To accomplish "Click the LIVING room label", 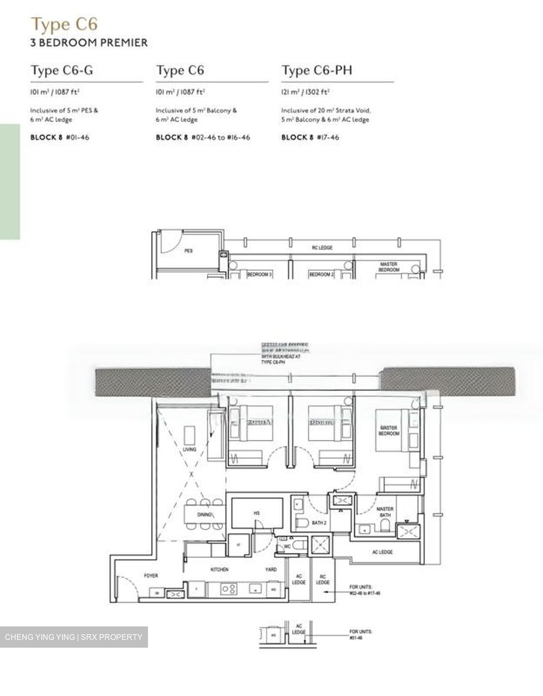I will [190, 449].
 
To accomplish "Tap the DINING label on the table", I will [205, 515].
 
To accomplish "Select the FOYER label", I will [151, 575].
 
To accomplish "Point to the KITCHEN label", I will [220, 570].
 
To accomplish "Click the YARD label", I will [271, 570].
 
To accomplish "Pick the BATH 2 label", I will [319, 522].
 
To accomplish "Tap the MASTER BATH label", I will [385, 512].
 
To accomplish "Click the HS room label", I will [257, 513].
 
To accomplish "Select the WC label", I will [287, 547].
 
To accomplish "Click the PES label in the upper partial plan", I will [189, 251].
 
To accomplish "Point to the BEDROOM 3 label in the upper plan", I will [260, 275].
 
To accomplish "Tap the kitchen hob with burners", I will [228, 589].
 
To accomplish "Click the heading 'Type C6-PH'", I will [317, 71].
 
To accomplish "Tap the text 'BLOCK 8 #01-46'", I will [59, 137].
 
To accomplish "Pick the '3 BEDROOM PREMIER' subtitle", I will [89, 43].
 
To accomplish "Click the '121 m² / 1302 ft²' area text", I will [305, 92].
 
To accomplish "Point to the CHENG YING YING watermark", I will [73, 637].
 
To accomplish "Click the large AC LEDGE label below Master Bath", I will [382, 552].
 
